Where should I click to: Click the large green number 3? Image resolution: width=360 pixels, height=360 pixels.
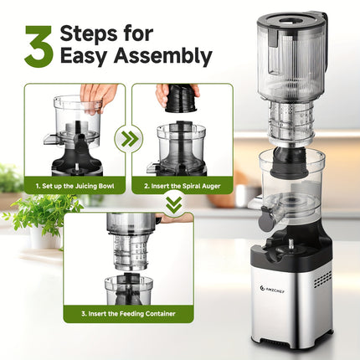point(39,46)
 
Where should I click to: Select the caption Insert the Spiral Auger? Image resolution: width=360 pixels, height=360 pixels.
point(182,184)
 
